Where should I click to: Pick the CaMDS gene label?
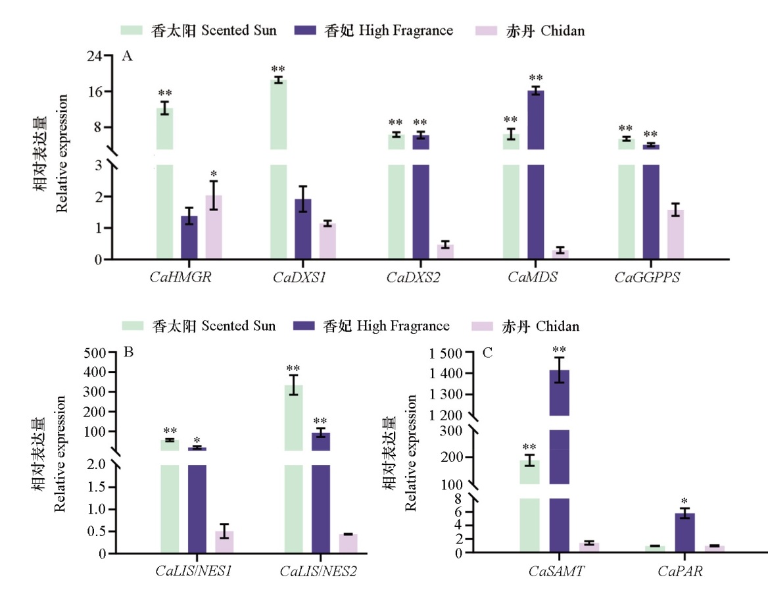(x=533, y=277)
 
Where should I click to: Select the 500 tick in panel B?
(x=99, y=353)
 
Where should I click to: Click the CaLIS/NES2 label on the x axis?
(x=318, y=571)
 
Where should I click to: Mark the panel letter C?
(x=487, y=353)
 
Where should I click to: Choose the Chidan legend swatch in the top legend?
(x=487, y=30)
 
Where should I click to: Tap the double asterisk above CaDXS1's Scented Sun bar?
(x=278, y=70)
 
